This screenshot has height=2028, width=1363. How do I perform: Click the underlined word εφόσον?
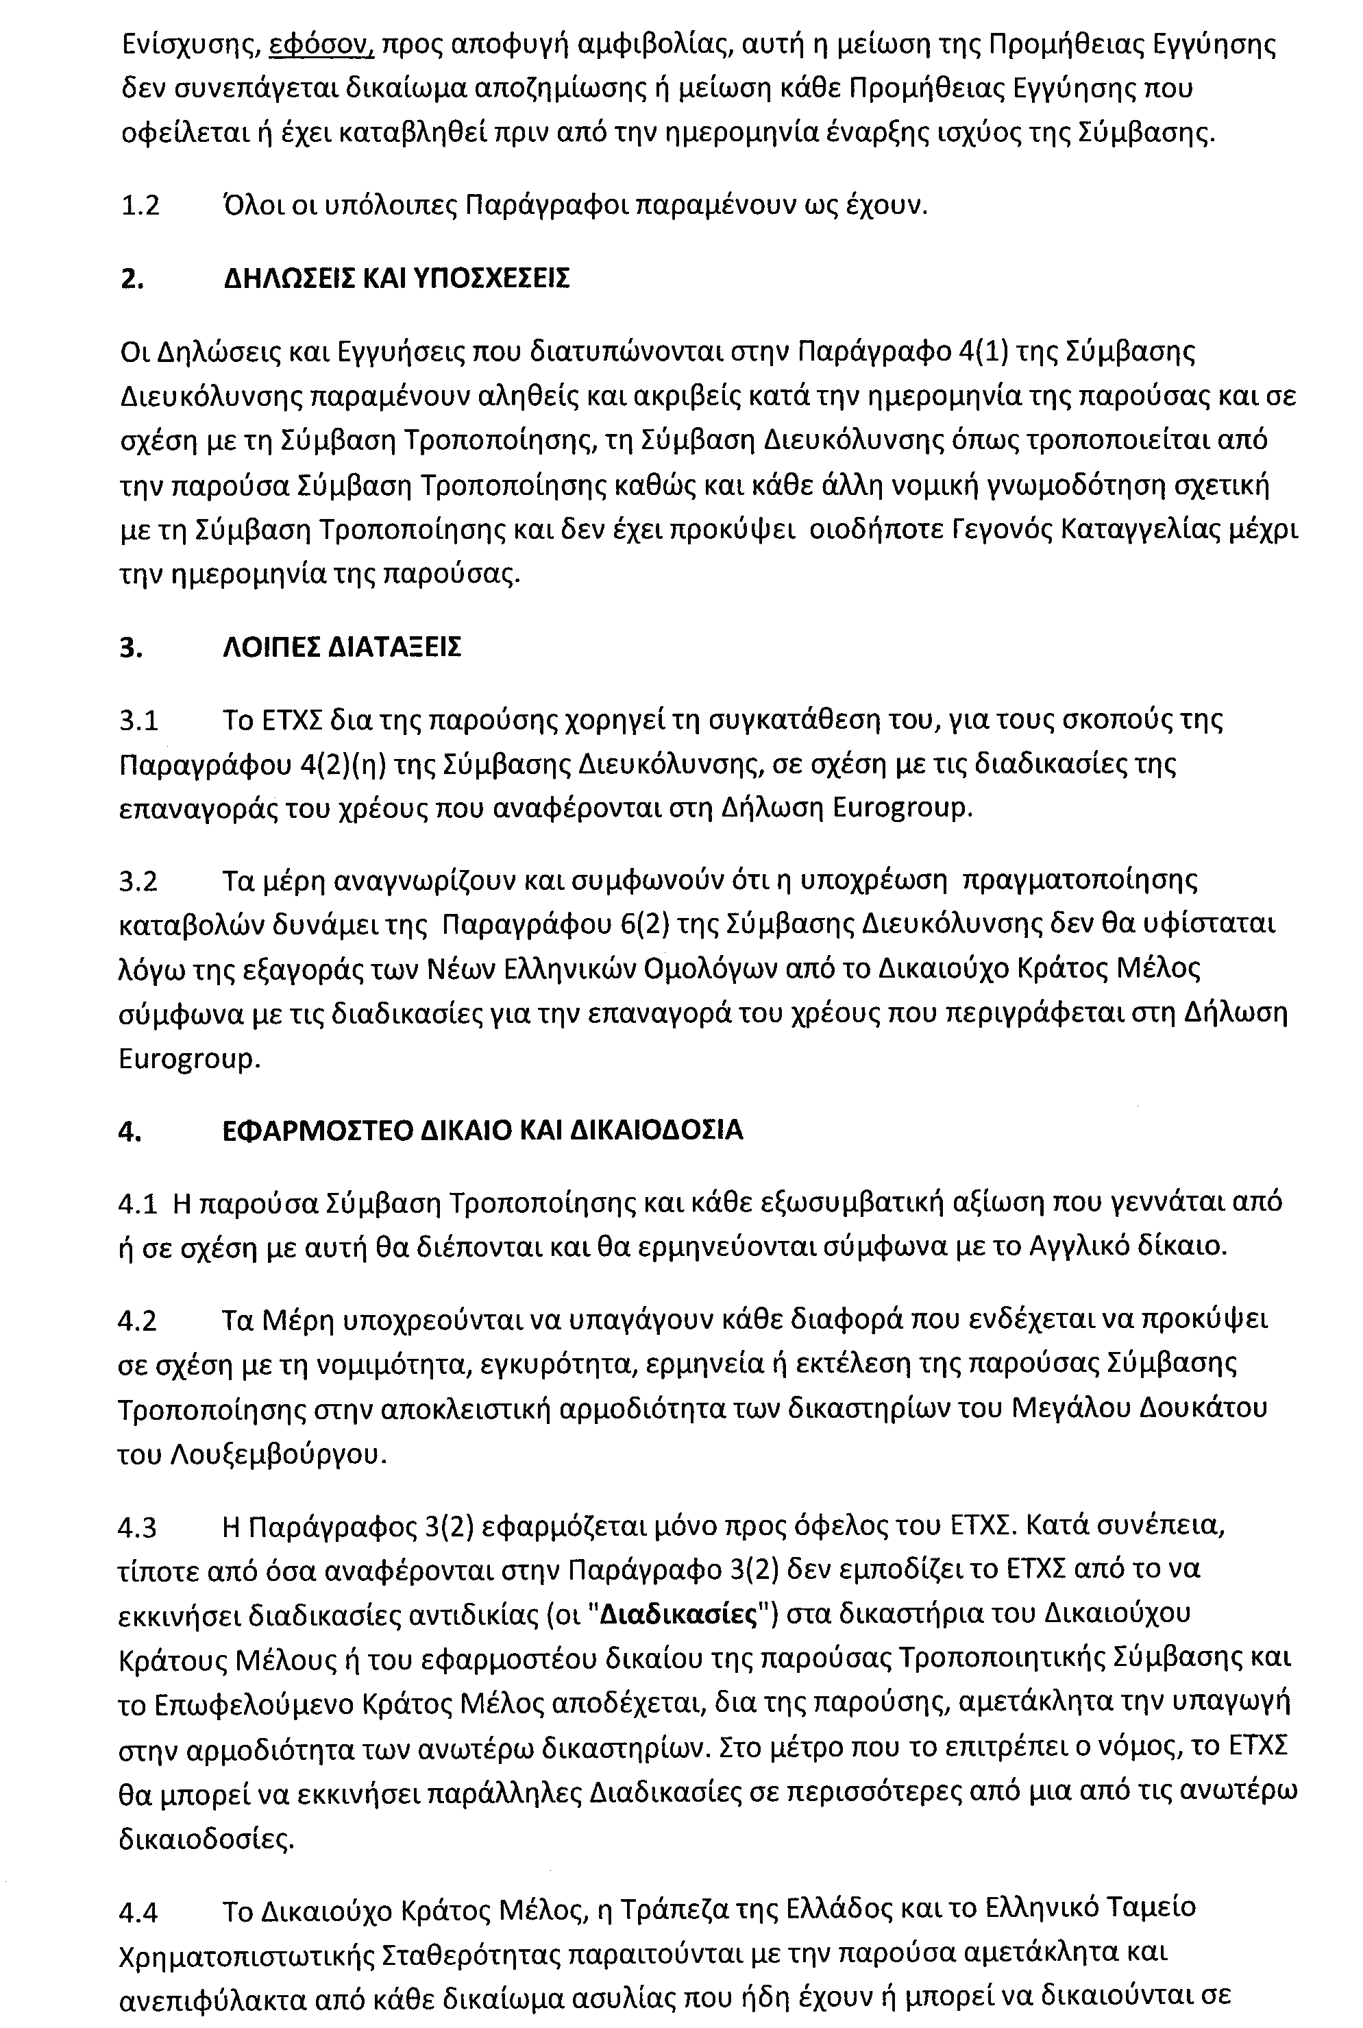point(321,45)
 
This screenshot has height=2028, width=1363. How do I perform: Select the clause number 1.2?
point(140,206)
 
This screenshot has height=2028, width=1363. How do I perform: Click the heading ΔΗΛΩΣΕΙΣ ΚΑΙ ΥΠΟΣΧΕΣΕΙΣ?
point(396,279)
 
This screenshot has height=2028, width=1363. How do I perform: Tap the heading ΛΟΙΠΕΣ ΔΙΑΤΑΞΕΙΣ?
point(342,648)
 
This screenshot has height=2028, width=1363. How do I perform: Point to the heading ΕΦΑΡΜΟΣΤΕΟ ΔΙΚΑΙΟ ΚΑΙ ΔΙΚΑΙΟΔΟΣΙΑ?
point(482,1131)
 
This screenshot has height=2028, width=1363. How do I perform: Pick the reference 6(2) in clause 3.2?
point(644,924)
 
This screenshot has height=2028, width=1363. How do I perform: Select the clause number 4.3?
point(139,1526)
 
